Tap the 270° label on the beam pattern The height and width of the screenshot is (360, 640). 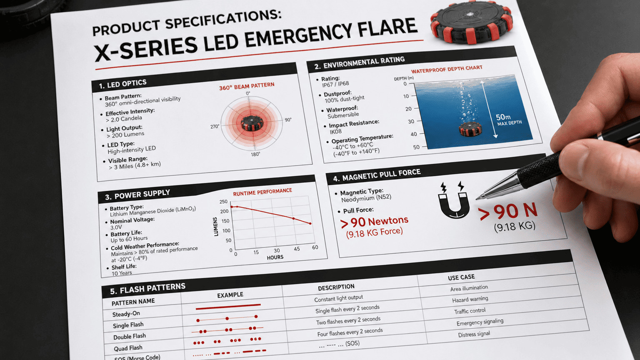(215, 126)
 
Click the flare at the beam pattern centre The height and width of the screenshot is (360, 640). (252, 123)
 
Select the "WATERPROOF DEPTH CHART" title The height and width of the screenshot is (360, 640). (447, 69)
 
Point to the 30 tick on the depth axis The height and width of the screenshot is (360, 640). (411, 122)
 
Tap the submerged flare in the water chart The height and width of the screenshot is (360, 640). (470, 129)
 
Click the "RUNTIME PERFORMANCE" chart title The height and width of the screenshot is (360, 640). (262, 192)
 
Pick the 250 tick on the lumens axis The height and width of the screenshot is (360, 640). (224, 202)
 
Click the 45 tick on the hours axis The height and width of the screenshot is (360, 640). (297, 249)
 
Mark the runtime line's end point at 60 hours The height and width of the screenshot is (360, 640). (310, 224)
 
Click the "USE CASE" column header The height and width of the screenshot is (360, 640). (461, 277)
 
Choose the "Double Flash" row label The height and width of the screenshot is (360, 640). (130, 337)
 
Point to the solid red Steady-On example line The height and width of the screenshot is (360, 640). (228, 307)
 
